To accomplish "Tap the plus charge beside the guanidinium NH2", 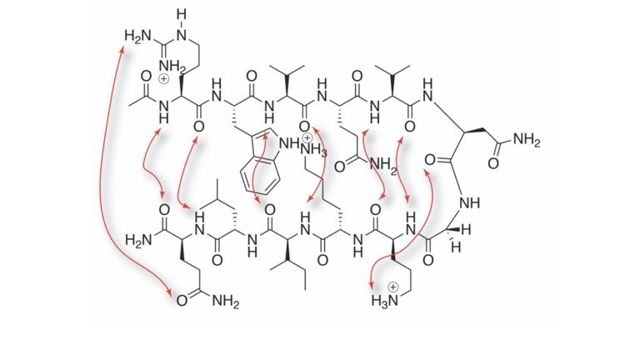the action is click(x=163, y=78).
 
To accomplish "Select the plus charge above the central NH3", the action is click(x=307, y=138).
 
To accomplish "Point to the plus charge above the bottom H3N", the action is click(x=392, y=287).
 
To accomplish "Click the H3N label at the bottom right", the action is click(x=384, y=301).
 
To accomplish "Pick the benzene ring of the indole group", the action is click(x=260, y=176).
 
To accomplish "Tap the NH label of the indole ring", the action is click(x=289, y=142).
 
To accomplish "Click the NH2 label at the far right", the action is click(x=527, y=140).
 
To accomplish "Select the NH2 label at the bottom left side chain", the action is click(x=226, y=302).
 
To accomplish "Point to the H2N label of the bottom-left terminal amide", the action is click(x=138, y=239).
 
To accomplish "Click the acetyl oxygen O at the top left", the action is click(x=146, y=76).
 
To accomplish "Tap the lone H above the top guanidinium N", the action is click(x=182, y=15).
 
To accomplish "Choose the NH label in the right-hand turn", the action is click(x=469, y=202).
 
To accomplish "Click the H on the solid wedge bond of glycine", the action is click(x=467, y=230).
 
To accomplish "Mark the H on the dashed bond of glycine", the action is click(x=456, y=247).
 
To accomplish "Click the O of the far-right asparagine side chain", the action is click(x=493, y=163).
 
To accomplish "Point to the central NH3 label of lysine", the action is click(x=313, y=150).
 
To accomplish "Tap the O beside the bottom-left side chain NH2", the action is click(x=182, y=301).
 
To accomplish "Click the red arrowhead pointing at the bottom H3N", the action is click(x=372, y=285).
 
